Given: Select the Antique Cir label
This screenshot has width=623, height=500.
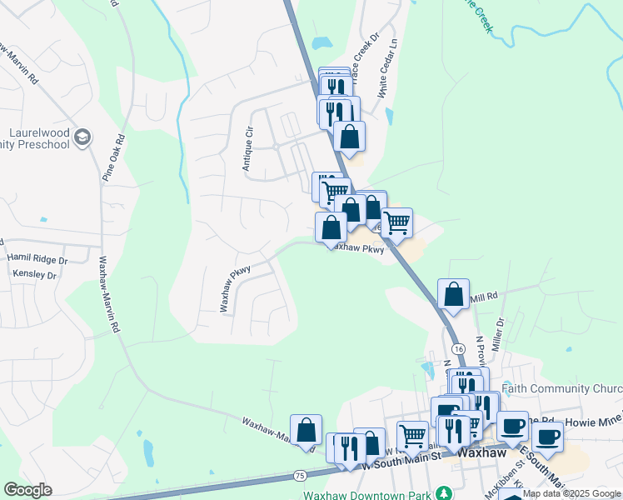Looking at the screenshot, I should click(x=247, y=149).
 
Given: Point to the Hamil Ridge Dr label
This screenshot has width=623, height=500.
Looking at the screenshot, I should click(x=37, y=260).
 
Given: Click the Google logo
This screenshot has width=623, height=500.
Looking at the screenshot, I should click(x=27, y=490).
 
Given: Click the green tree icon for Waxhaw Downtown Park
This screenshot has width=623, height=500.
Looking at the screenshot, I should click(x=445, y=492).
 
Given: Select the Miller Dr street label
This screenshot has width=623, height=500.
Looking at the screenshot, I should click(x=500, y=332).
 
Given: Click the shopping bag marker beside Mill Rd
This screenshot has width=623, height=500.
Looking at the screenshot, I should click(x=453, y=294).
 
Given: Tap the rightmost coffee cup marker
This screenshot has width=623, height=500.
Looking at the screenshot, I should click(x=547, y=437).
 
